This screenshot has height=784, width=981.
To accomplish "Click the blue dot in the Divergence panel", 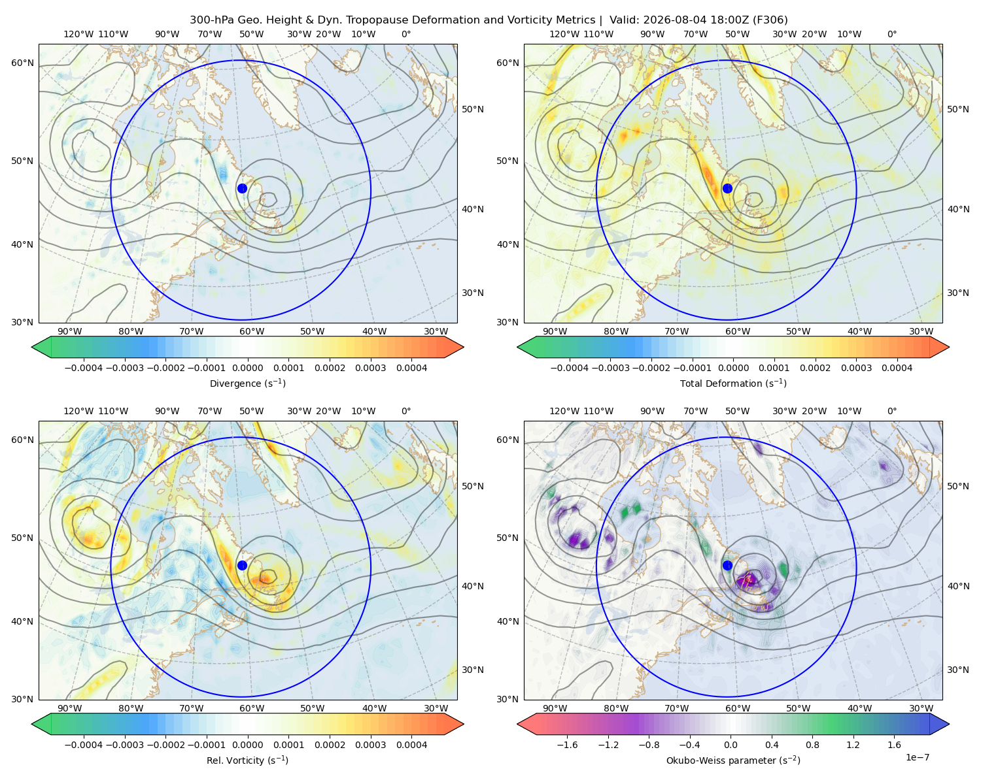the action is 242,189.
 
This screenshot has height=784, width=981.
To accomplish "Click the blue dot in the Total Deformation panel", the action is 727,189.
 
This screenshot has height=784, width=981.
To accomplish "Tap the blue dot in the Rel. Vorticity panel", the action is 242,565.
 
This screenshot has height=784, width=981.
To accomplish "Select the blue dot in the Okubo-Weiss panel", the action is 727,565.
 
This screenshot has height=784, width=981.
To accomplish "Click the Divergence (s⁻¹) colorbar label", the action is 247,384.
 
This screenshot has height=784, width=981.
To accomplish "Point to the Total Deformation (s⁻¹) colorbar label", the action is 733,384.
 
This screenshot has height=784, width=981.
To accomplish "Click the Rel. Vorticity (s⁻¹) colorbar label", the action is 247,760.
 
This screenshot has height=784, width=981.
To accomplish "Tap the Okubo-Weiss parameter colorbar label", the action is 733,760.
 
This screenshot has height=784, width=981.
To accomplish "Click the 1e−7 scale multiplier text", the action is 917,757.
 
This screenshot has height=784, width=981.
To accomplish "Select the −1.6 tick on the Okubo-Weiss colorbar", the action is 567,745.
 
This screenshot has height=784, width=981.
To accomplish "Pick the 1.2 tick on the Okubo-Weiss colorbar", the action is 853,745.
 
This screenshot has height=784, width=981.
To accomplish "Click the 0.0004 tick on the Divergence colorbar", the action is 411,368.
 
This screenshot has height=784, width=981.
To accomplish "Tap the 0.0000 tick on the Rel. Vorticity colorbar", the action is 247,745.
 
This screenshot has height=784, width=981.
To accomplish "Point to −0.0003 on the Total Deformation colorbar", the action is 610,368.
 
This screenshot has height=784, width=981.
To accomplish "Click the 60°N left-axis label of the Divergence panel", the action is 22,63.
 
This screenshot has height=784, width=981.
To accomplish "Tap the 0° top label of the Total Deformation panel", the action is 892,34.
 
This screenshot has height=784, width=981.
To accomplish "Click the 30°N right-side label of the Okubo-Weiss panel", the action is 958,670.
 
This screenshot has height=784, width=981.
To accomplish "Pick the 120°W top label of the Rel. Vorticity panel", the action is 78,411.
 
